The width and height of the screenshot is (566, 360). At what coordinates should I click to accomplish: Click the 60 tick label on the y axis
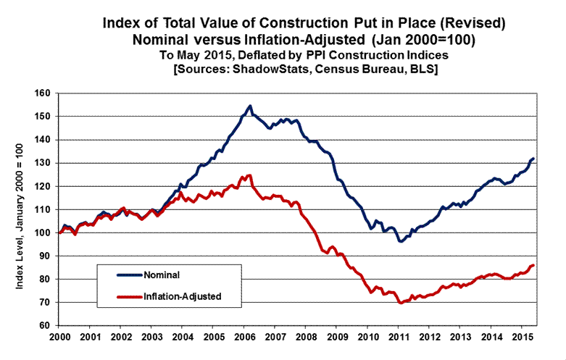(x=46, y=326)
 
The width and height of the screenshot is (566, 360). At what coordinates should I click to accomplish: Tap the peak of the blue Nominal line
(x=250, y=106)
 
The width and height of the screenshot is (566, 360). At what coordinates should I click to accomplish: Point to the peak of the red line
(x=250, y=175)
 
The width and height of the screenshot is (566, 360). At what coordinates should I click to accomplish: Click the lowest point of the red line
(x=401, y=303)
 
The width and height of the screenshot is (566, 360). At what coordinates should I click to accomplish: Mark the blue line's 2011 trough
(x=400, y=240)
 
